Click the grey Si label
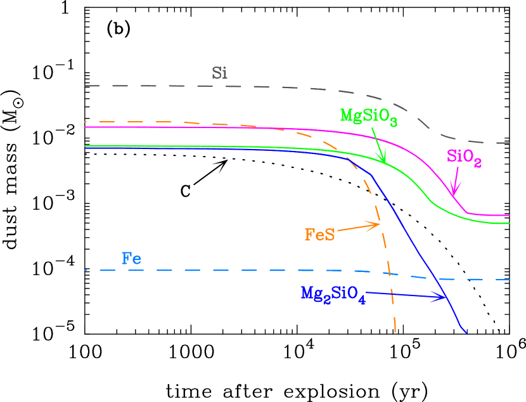click(219, 73)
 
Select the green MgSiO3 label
click(368, 117)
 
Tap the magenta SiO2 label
click(464, 157)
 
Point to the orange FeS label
click(319, 235)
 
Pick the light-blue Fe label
click(131, 259)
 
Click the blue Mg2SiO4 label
click(333, 295)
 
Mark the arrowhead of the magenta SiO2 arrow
click(454, 193)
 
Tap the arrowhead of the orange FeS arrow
click(379, 224)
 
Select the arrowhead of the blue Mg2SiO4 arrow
click(447, 297)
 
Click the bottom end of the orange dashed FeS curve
click(395, 332)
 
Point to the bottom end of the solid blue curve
click(467, 333)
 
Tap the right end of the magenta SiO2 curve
click(510, 216)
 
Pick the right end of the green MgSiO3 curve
click(510, 224)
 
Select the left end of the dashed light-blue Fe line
click(84, 270)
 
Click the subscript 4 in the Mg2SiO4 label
click(362, 301)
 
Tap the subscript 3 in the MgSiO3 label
click(394, 122)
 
